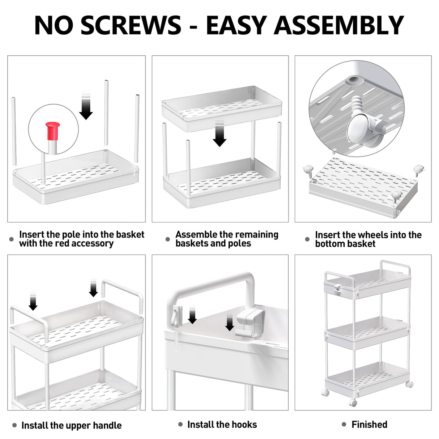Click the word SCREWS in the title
pos(131,25)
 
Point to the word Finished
pos(369,425)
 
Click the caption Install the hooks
pos(222,425)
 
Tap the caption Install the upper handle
pos(71,425)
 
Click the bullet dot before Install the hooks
pos(180,425)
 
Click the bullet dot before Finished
pos(344,425)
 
